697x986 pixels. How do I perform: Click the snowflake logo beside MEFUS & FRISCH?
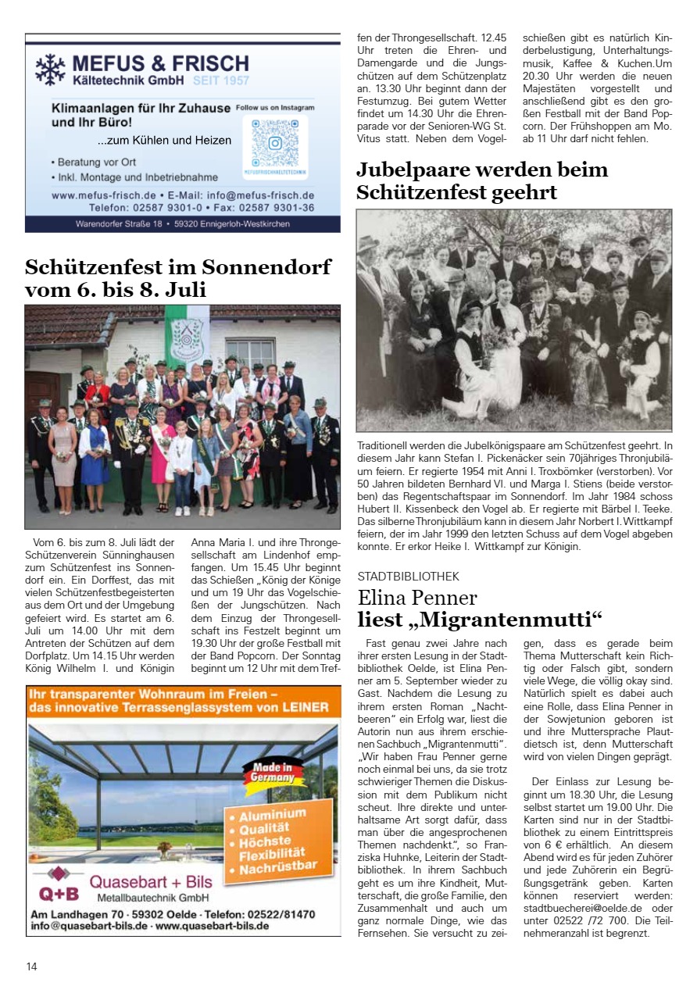point(50,69)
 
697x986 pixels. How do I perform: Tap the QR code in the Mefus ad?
point(274,143)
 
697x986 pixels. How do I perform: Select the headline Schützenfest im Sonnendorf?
point(178,267)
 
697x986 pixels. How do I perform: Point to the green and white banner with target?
point(187,334)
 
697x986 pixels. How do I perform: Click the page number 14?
point(31,966)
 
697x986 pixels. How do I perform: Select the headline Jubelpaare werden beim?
point(482,170)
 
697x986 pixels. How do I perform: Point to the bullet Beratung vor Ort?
point(97,162)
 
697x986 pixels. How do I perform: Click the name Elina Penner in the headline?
point(417,598)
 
